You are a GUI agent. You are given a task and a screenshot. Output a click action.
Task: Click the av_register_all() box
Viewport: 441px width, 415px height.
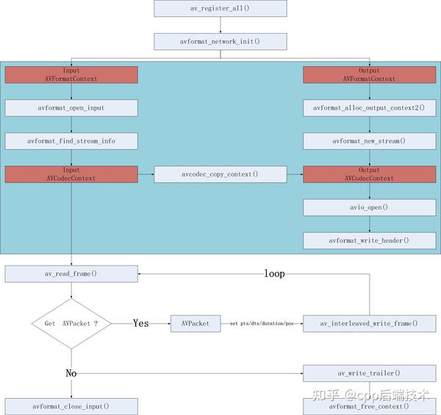(220, 8)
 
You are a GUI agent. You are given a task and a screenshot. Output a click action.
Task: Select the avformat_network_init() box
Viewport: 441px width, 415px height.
(220, 41)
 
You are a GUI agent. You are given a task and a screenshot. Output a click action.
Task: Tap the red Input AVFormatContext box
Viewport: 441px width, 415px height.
(71, 74)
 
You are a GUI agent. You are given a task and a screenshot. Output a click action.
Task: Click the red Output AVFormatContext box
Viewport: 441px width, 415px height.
(369, 74)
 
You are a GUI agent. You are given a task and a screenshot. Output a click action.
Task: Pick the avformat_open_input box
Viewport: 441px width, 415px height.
(71, 107)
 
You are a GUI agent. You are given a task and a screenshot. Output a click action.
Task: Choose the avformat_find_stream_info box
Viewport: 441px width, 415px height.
(71, 141)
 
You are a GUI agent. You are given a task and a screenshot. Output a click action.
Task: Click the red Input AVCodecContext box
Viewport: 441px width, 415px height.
(71, 174)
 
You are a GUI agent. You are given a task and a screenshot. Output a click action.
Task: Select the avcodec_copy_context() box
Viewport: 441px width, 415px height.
(220, 174)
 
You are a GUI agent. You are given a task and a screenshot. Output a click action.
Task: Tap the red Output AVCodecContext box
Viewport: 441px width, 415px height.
(369, 174)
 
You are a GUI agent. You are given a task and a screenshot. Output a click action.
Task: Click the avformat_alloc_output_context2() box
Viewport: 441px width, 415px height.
(369, 107)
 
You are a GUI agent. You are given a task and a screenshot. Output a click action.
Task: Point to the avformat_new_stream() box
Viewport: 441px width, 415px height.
(369, 141)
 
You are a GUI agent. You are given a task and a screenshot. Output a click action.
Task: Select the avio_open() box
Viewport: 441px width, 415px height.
(369, 207)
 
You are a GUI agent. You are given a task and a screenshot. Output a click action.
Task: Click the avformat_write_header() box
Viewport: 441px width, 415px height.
(369, 241)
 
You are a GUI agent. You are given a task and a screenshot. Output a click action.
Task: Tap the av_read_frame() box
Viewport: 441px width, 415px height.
(71, 274)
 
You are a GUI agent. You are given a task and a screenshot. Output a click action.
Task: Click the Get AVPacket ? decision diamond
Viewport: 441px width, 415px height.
(71, 323)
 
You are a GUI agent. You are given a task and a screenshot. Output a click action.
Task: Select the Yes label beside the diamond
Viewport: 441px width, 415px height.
(141, 323)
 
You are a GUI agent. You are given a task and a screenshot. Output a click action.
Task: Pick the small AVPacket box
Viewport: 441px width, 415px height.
(196, 323)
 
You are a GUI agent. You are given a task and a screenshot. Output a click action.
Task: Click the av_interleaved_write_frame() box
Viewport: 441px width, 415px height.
(369, 323)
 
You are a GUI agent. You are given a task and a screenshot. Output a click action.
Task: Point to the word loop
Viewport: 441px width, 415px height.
(274, 274)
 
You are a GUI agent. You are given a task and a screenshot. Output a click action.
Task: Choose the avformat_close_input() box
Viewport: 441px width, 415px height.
(71, 406)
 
